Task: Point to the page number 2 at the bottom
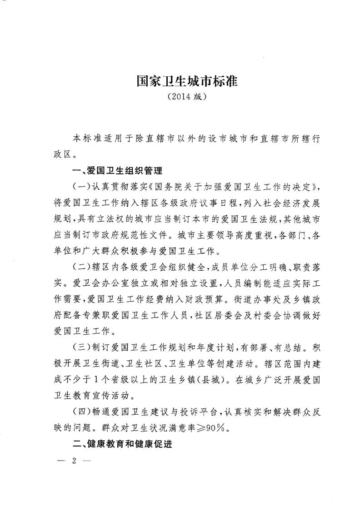(x=74, y=461)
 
